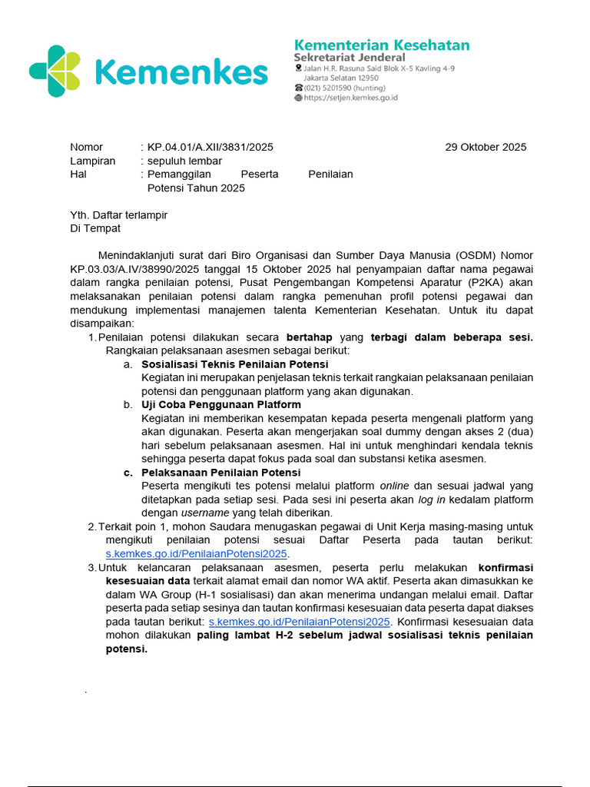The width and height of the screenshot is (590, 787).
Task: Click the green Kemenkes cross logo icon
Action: point(54,71)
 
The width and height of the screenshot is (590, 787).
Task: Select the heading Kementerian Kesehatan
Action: point(382,45)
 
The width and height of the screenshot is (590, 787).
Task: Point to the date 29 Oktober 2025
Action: point(486,147)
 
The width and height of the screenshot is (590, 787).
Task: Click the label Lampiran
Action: point(92,161)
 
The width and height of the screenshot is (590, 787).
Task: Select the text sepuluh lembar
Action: point(184,161)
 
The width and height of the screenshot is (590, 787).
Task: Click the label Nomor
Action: point(86,147)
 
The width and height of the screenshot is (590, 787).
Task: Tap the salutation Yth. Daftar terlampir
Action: point(118,215)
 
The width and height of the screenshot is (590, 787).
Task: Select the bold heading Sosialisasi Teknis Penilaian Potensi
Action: point(235,364)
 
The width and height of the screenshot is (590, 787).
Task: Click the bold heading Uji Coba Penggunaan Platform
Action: point(221,404)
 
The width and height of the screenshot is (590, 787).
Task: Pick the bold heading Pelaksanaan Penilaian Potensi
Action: point(221,472)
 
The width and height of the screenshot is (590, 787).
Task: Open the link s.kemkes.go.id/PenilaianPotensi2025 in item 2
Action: point(196,553)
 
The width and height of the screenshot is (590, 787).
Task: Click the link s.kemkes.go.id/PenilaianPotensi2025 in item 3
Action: point(300,621)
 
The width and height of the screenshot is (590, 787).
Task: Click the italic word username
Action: point(204,513)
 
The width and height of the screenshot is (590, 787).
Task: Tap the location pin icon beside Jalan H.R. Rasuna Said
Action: point(298,68)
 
